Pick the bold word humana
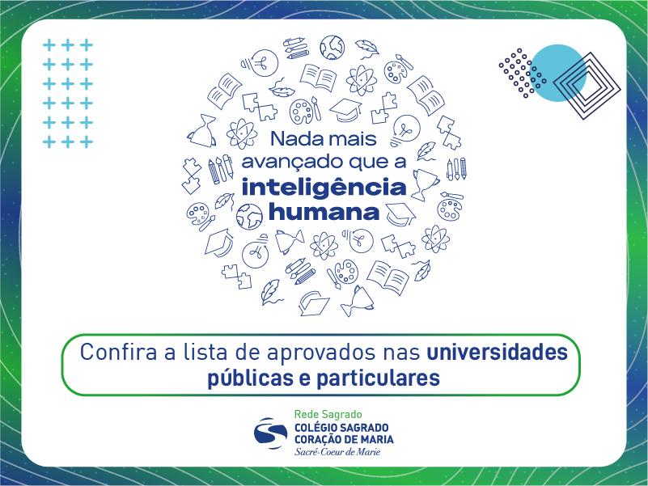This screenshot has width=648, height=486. click(x=323, y=212)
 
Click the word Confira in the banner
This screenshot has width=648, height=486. click(x=113, y=353)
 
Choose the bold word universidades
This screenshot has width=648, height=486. click(x=497, y=353)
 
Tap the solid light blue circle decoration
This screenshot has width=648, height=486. click(x=557, y=74)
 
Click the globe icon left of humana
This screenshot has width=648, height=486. click(x=250, y=216)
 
